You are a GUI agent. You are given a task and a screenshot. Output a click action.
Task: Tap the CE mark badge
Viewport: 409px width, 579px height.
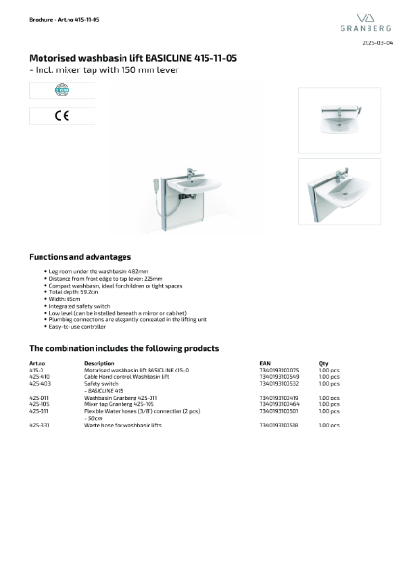click(48, 116)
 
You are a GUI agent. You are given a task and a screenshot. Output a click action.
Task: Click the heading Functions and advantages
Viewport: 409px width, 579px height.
click(80, 257)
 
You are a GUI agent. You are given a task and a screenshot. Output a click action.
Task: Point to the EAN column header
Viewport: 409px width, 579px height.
click(265, 363)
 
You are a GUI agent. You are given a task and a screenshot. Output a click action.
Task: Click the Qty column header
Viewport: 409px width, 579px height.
click(323, 363)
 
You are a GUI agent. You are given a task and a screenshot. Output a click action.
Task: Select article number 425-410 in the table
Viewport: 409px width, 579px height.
click(40, 375)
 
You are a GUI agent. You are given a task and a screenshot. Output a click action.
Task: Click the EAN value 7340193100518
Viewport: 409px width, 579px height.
click(280, 425)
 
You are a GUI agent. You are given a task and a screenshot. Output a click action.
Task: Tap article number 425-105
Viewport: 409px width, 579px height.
click(40, 403)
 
